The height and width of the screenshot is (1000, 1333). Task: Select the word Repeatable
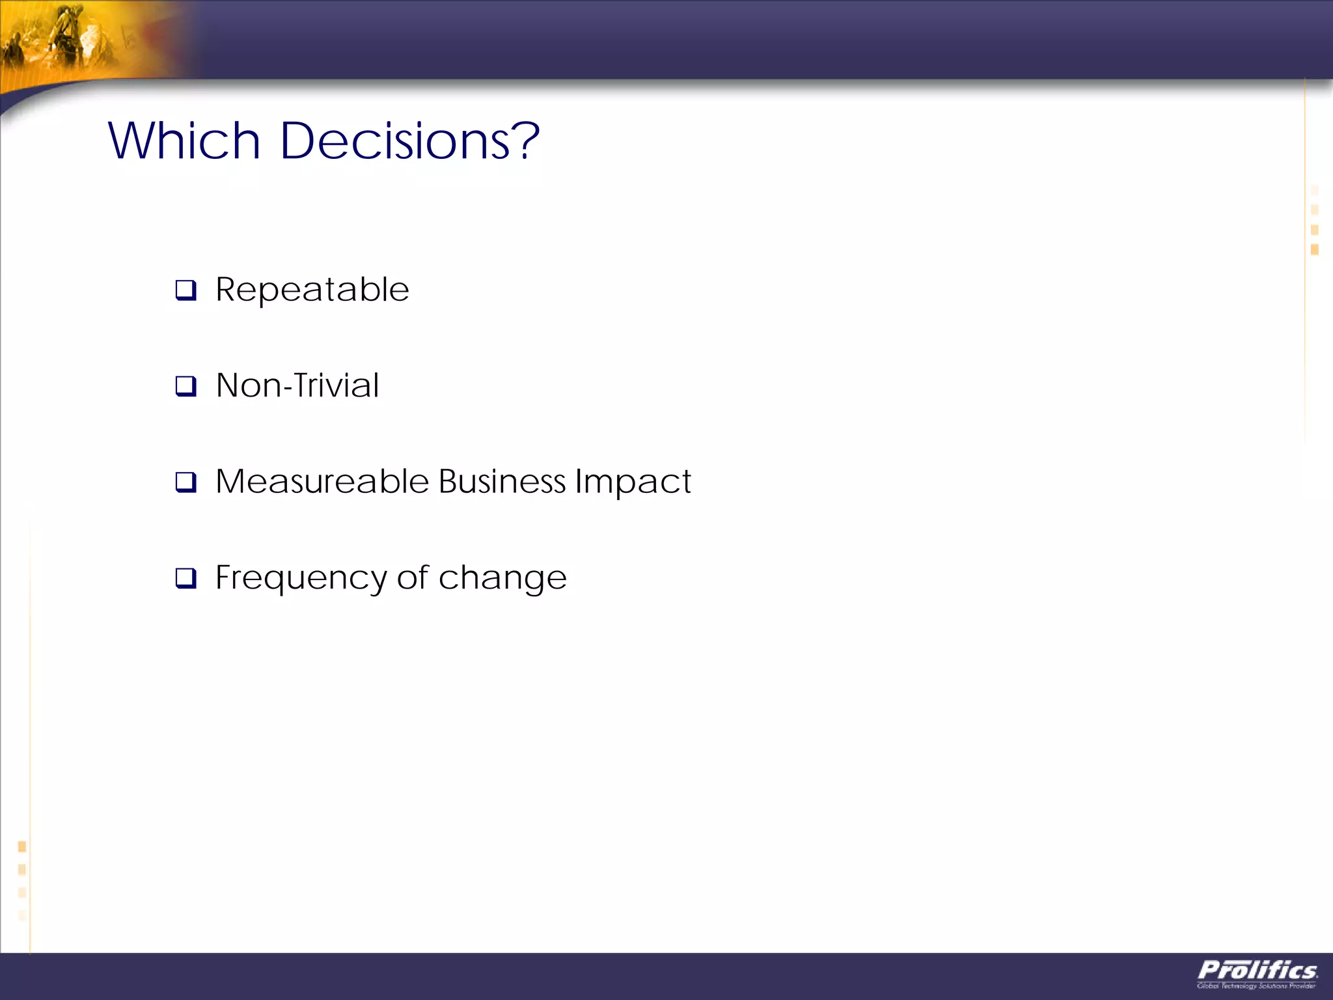(x=312, y=290)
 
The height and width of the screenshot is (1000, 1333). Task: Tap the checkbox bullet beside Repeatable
(x=186, y=290)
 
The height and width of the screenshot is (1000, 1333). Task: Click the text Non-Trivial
(x=297, y=385)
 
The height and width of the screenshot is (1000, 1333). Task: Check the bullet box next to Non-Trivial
(x=186, y=386)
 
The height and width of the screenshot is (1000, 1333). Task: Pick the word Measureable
(x=322, y=482)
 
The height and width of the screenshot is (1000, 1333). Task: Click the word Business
(x=502, y=482)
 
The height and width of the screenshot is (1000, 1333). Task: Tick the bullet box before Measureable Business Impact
(x=186, y=482)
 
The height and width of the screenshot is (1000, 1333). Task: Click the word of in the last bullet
(x=413, y=577)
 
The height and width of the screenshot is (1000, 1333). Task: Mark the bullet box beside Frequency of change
(x=186, y=577)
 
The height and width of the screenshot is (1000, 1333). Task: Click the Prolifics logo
(x=1257, y=971)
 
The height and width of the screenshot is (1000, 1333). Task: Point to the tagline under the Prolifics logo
(x=1256, y=986)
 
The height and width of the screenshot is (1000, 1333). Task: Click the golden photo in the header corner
(x=85, y=39)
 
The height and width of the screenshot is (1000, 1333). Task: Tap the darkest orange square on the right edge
(x=1314, y=249)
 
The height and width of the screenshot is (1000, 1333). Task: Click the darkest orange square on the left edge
(x=21, y=846)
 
